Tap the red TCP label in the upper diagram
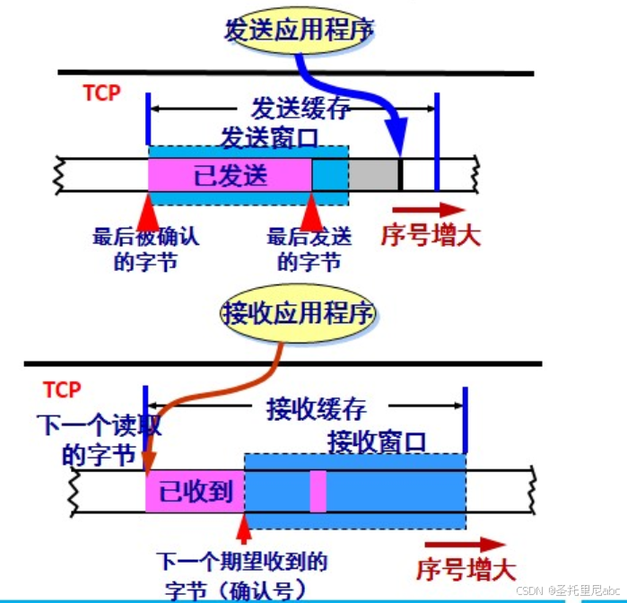point(100,93)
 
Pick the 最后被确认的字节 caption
point(145,250)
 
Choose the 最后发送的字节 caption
point(309,250)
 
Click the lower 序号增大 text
point(466,569)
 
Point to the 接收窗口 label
point(377,441)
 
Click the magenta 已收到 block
point(195,491)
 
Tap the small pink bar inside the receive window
point(318,491)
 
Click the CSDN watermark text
point(566,590)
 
